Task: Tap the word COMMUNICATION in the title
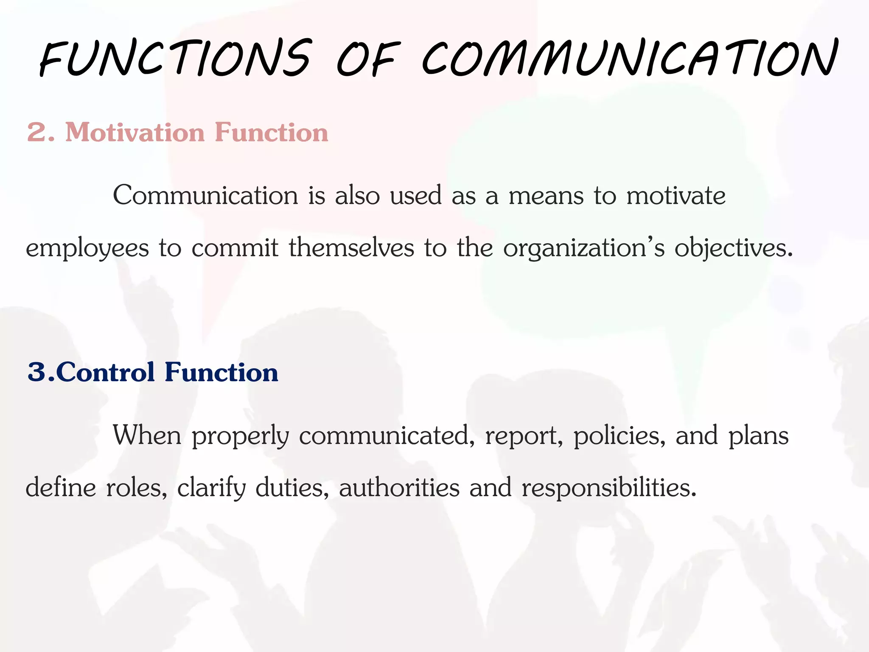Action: (630, 59)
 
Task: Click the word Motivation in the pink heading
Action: (135, 132)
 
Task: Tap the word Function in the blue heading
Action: (221, 372)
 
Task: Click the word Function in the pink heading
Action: (272, 132)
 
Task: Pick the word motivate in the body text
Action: (676, 196)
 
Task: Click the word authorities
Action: (399, 487)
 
